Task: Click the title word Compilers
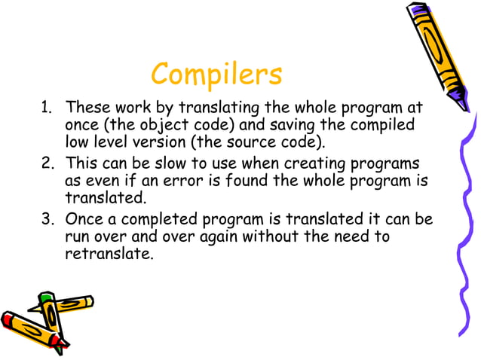pyautogui.click(x=216, y=74)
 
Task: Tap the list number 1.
pyautogui.click(x=44, y=108)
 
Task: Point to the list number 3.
pyautogui.click(x=44, y=220)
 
